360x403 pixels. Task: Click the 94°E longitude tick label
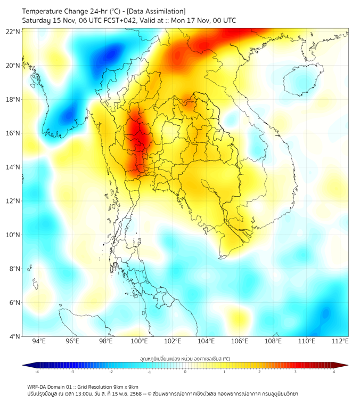pos(39,341)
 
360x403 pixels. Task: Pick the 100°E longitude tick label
pos(139,341)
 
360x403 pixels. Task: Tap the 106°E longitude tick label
pos(240,341)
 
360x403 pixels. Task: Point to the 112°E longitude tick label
pos(340,341)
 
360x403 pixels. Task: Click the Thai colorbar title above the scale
pos(185,358)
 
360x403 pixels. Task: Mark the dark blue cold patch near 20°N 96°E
pos(111,53)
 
